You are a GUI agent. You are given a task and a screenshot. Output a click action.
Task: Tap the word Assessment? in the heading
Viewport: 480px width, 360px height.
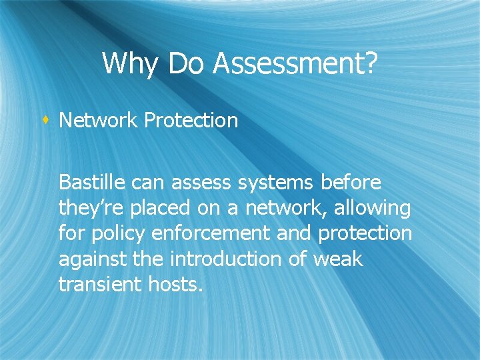pos(296,65)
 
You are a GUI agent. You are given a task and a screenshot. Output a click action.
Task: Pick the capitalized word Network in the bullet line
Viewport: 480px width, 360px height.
pos(99,121)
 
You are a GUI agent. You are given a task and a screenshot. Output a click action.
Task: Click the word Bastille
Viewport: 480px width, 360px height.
pos(93,182)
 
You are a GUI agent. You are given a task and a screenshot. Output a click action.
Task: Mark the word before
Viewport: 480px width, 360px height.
pos(351,182)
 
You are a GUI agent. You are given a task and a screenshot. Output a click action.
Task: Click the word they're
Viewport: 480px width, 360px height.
pos(91,209)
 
